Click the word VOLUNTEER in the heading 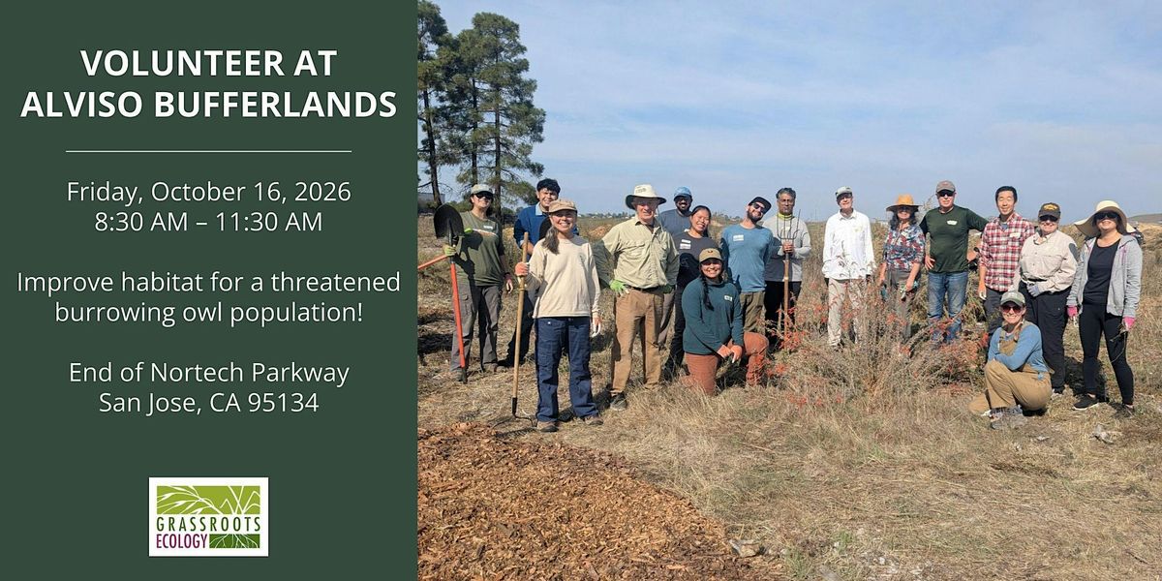pos(183,63)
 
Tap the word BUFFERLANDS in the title pos(275,104)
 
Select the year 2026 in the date pos(322,192)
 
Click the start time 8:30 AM pos(141,222)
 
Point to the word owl pos(201,312)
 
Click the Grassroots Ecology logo pos(208,517)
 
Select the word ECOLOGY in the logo pos(182,541)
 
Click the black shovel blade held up pos(447,222)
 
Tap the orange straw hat pos(903,202)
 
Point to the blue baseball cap pos(683,193)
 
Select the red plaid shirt pos(1005,252)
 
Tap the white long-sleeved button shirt pos(848,245)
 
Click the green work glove pos(618,287)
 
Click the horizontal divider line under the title pos(208,151)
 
